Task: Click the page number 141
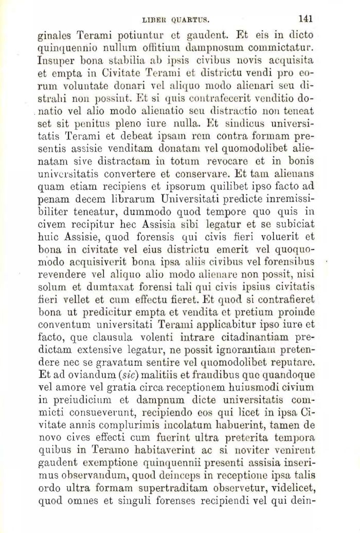305,19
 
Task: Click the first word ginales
56,37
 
